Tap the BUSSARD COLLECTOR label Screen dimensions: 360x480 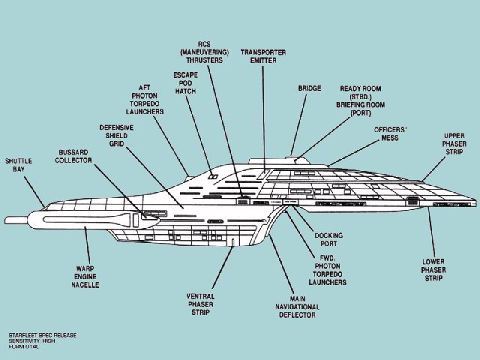(75, 156)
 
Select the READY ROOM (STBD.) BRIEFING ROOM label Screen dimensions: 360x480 (365, 99)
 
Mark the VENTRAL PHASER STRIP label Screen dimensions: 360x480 (201, 304)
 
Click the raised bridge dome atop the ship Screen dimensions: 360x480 (300, 159)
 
